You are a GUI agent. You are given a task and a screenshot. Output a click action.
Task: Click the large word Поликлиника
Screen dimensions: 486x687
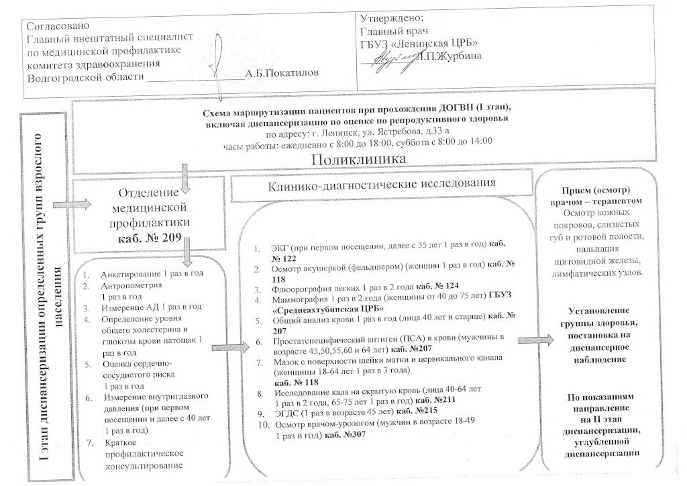[360, 160]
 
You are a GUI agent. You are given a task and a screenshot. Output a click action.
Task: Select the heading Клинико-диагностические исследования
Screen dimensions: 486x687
[382, 183]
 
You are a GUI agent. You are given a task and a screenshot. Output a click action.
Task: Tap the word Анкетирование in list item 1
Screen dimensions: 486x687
[130, 275]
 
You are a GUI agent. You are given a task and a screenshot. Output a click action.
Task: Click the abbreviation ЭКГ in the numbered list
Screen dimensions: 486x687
[280, 248]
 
